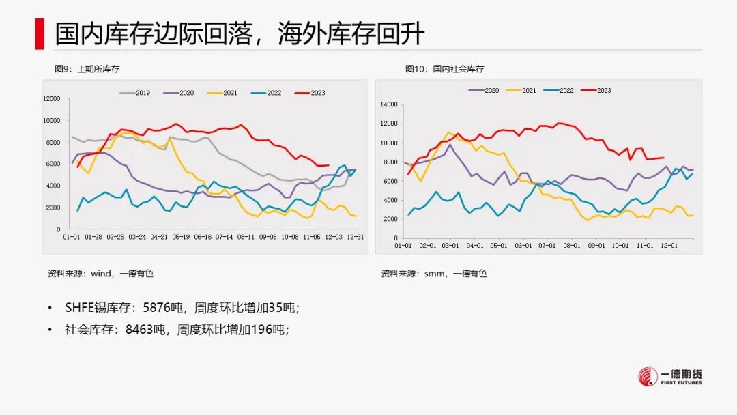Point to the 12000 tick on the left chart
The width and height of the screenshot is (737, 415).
pyautogui.click(x=51, y=99)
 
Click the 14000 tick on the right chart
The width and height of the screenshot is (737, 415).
pyautogui.click(x=388, y=105)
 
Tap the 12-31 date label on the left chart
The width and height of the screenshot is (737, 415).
pyautogui.click(x=354, y=236)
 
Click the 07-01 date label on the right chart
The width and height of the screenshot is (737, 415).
pyautogui.click(x=546, y=244)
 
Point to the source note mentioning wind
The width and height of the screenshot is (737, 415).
pyautogui.click(x=100, y=274)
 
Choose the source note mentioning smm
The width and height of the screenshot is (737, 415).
pyautogui.click(x=433, y=274)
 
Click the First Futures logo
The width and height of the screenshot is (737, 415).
pyautogui.click(x=669, y=376)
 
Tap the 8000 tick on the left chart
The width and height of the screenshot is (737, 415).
pyautogui.click(x=53, y=142)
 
